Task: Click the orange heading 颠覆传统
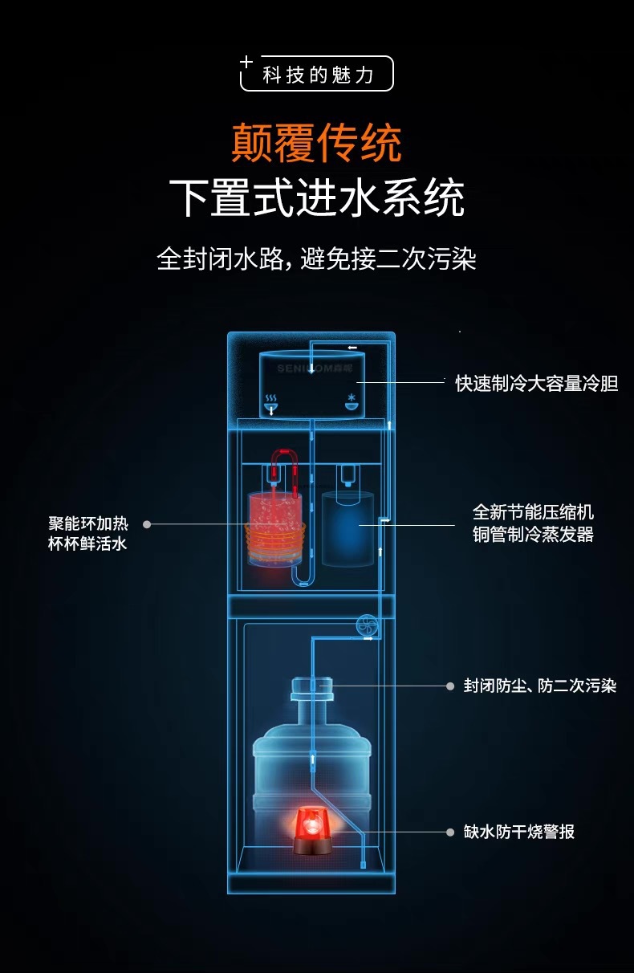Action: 316,143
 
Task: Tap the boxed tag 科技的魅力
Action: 319,75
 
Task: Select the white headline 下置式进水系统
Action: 316,197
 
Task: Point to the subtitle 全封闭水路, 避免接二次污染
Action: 316,259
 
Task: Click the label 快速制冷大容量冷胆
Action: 536,383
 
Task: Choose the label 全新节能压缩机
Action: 533,512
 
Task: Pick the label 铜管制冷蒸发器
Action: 533,535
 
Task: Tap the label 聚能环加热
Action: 88,523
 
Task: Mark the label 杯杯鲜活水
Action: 88,544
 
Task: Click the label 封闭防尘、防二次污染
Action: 539,686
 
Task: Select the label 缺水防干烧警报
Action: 518,832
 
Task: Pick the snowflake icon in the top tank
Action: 351,399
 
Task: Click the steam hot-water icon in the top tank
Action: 271,399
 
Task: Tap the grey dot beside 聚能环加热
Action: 147,524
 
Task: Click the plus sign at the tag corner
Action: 247,62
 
